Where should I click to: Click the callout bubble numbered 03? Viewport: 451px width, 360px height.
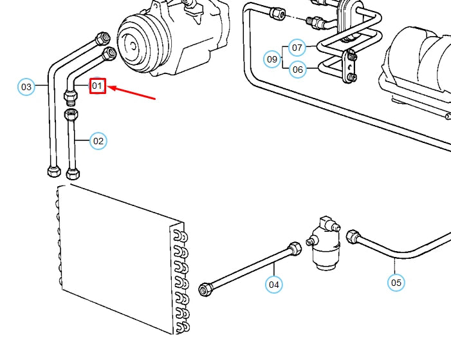pyautogui.click(x=26, y=86)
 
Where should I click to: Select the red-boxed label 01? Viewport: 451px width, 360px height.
pyautogui.click(x=97, y=85)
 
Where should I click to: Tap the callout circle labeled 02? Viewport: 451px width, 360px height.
pyautogui.click(x=98, y=140)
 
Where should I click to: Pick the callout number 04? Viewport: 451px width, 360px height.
pyautogui.click(x=274, y=284)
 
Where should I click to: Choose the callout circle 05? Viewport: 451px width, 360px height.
pyautogui.click(x=396, y=282)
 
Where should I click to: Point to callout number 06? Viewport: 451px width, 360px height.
pyautogui.click(x=297, y=69)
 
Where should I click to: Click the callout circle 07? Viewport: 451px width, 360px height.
pyautogui.click(x=297, y=48)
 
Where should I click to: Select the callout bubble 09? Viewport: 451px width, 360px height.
pyautogui.click(x=273, y=59)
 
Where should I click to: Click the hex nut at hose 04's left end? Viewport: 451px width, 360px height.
pyautogui.click(x=206, y=289)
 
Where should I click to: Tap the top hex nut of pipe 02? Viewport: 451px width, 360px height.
pyautogui.click(x=73, y=115)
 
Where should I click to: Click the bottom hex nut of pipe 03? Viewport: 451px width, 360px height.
pyautogui.click(x=53, y=172)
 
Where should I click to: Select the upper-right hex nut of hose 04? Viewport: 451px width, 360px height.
pyautogui.click(x=295, y=248)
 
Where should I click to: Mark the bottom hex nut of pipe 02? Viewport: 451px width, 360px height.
pyautogui.click(x=73, y=173)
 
